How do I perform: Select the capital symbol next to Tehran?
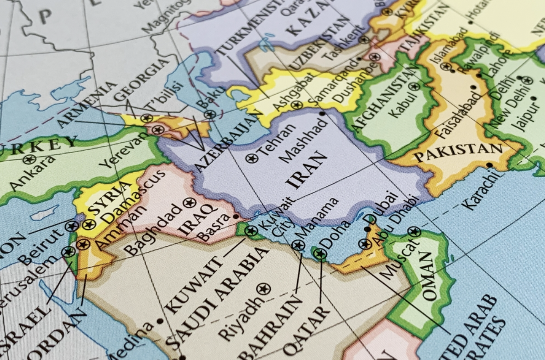[x=252, y=159]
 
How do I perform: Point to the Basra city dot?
[x=236, y=216]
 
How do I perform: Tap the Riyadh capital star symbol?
[x=263, y=289]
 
